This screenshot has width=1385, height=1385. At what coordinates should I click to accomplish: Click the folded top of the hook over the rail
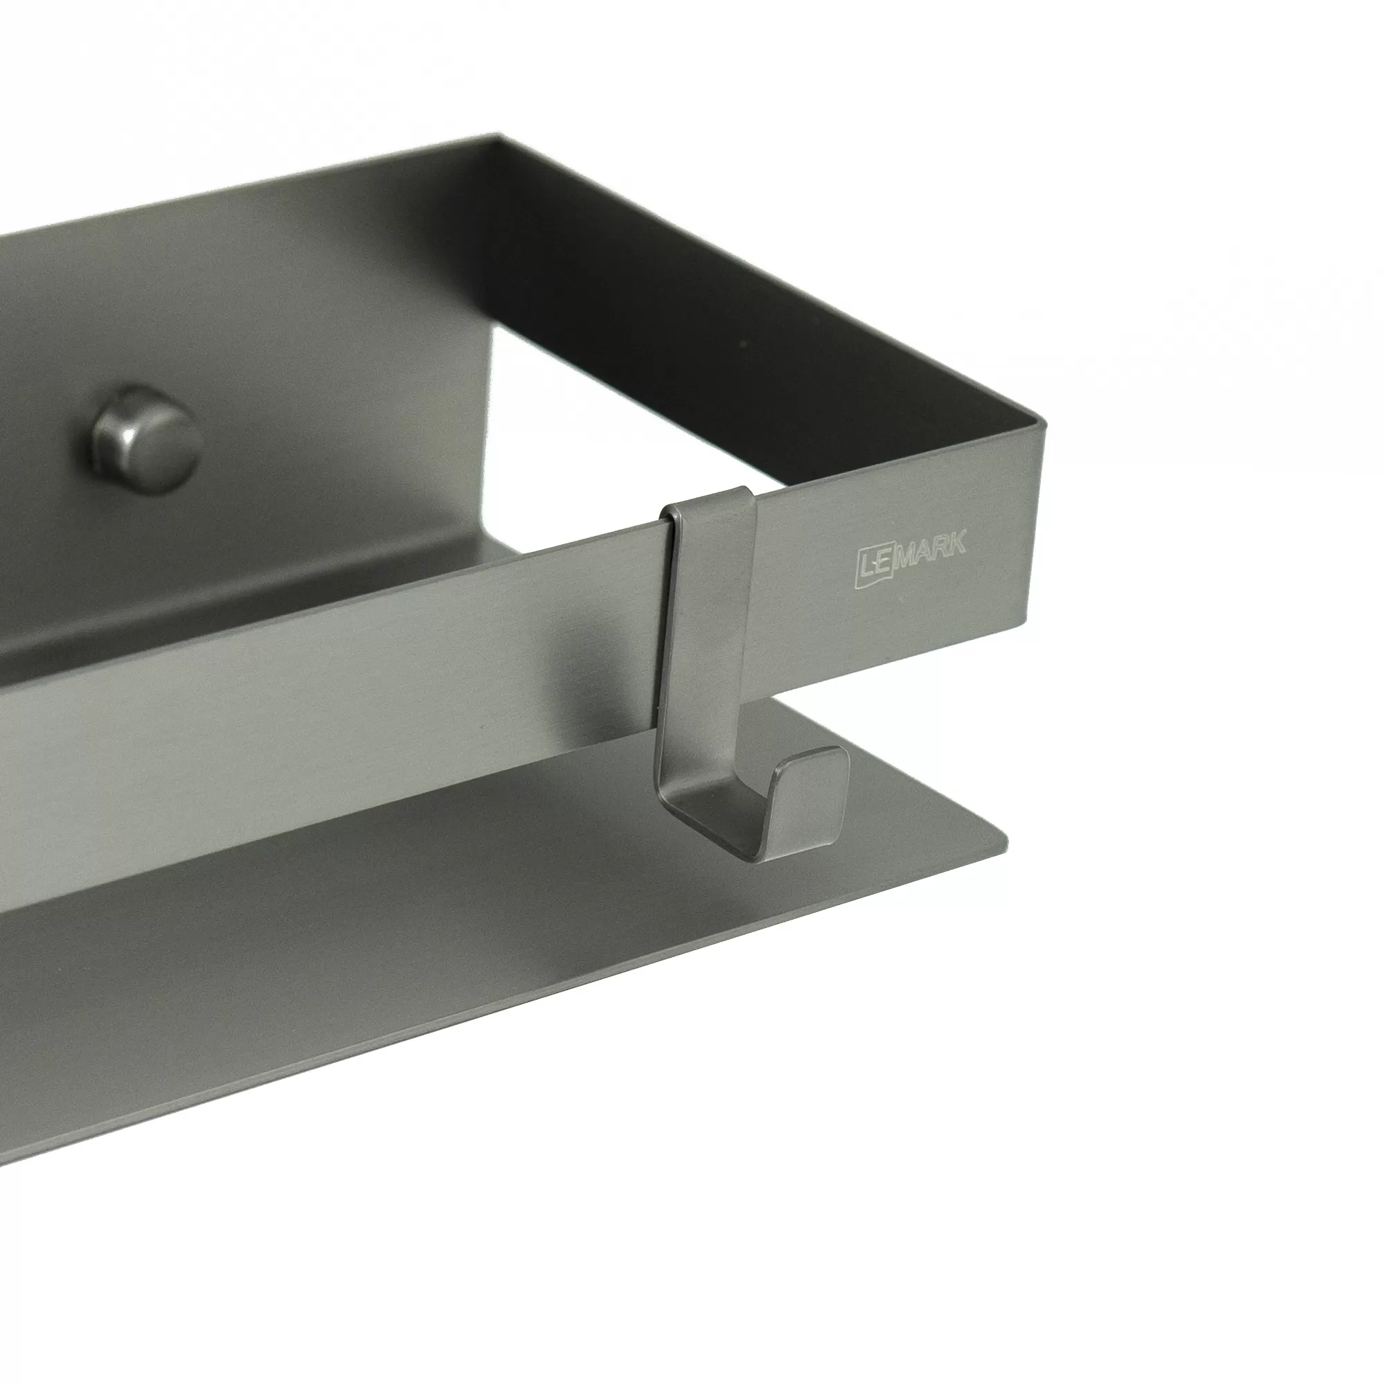coord(707,500)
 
